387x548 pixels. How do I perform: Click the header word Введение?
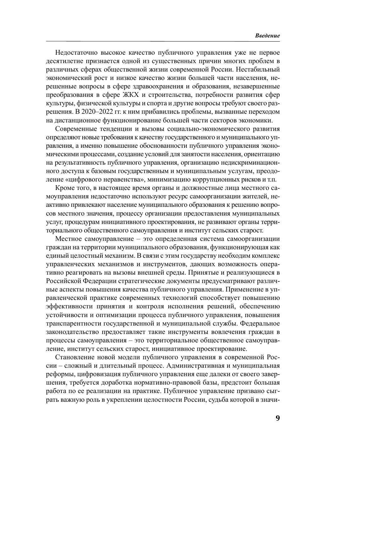coord(267,36)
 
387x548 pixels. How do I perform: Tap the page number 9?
coord(278,418)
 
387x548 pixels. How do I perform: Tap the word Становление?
coord(73,357)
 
